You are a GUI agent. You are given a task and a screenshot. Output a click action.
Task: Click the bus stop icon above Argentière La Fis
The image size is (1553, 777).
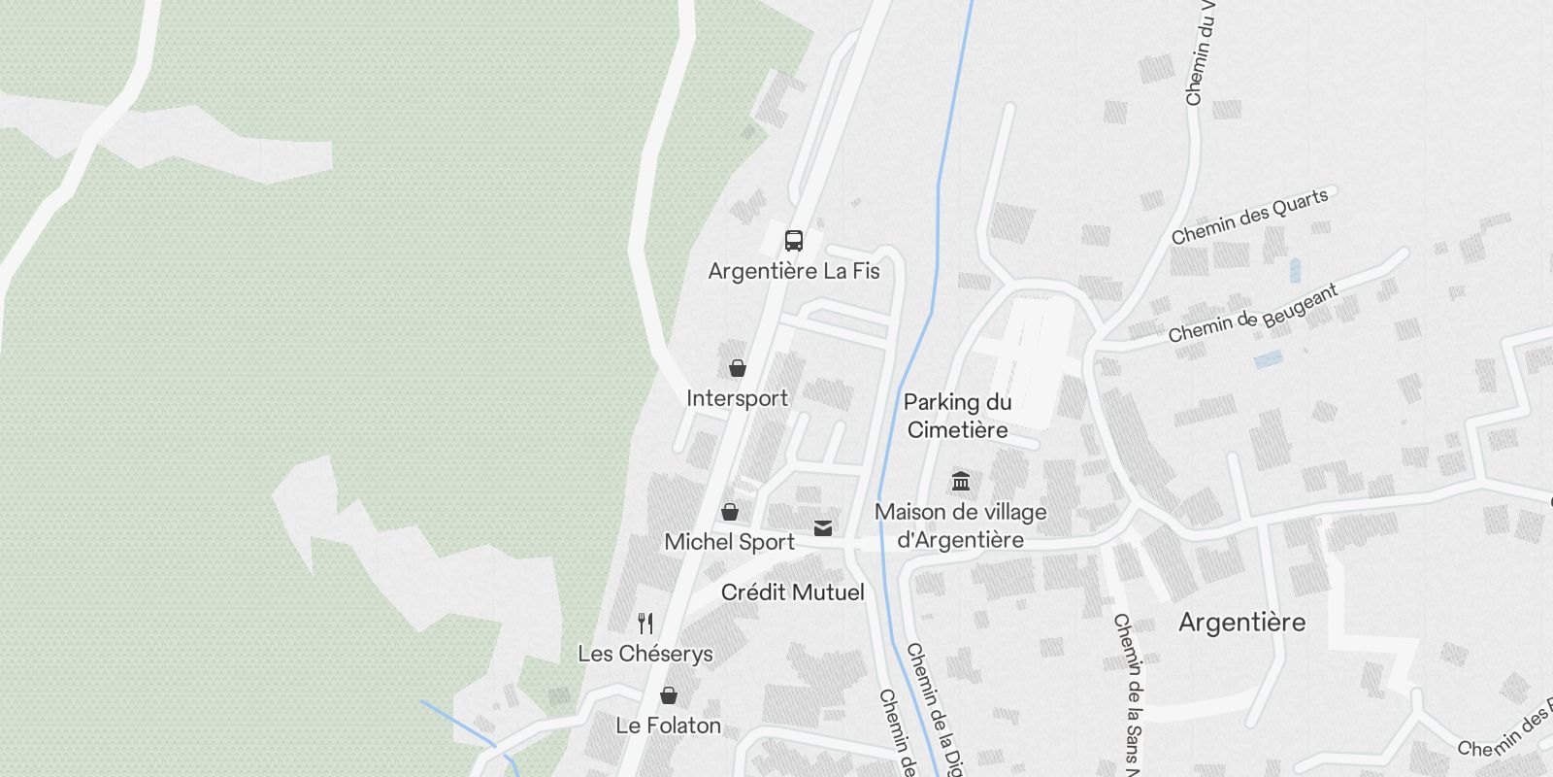tap(794, 241)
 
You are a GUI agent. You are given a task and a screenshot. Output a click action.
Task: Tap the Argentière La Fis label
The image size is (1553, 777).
tap(794, 271)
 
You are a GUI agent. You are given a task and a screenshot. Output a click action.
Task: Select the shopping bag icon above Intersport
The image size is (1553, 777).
tap(738, 368)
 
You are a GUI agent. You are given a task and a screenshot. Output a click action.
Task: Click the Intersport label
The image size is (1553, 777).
tap(738, 398)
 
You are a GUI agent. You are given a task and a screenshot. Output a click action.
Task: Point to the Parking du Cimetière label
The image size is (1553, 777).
tap(958, 416)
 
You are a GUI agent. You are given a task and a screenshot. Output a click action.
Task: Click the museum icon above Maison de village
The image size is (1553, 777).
tap(961, 481)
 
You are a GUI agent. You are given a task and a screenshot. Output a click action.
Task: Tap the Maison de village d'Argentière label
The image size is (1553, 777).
tap(961, 525)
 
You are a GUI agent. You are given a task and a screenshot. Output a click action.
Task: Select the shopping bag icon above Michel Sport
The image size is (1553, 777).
tap(730, 512)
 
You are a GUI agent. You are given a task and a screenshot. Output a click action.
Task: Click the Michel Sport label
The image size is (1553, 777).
tap(730, 542)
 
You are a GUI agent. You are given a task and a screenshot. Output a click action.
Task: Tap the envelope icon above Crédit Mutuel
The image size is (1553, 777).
tap(823, 527)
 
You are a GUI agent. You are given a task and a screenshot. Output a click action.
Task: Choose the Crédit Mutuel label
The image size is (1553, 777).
tap(792, 592)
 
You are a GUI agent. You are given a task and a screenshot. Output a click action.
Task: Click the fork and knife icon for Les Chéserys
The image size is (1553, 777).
tap(645, 623)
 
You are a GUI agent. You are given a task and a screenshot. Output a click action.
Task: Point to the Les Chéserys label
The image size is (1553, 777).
tap(645, 654)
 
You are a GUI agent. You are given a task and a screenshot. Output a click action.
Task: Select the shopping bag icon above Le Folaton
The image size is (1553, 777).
tap(669, 695)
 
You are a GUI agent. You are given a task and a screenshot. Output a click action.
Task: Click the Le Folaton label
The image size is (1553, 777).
tap(669, 726)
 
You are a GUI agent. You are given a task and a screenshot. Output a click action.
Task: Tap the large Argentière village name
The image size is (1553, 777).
tap(1242, 623)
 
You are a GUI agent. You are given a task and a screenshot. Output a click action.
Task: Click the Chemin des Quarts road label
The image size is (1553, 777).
tap(1249, 217)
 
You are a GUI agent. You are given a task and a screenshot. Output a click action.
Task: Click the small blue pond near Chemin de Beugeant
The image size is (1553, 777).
tap(1268, 359)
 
